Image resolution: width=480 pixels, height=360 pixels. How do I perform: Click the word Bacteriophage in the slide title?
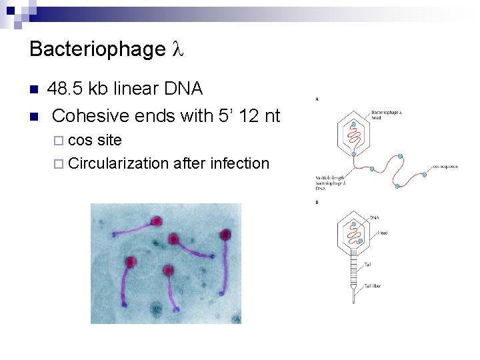coord(97,49)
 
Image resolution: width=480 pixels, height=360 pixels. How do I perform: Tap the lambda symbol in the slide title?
coord(177,49)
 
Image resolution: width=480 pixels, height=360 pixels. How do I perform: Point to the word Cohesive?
coord(91,115)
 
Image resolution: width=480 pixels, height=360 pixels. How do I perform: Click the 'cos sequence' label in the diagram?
coord(445,167)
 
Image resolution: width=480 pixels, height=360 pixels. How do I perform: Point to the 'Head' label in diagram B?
coord(382,233)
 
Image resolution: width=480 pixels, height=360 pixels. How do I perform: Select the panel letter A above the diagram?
coord(316,99)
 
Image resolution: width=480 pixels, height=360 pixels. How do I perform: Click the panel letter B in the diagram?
coord(316,202)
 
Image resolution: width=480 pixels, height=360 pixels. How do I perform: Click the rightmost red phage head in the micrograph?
coord(225,234)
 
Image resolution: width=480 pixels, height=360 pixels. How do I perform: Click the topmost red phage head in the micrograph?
coord(157,221)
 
